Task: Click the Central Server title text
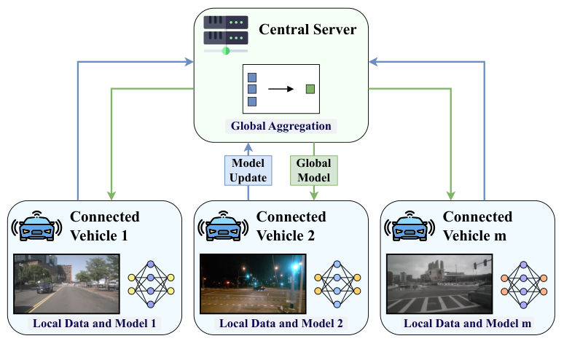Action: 307,30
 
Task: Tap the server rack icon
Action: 226,34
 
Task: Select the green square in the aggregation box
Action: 310,89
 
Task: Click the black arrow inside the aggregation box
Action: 281,89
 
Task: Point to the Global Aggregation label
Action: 281,126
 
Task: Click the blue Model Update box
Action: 248,169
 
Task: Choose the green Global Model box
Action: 313,169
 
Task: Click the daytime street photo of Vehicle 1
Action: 66,283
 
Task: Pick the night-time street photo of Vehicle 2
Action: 253,283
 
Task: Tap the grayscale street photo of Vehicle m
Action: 439,283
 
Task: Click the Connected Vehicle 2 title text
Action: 291,226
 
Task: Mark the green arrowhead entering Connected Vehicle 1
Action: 111,195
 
